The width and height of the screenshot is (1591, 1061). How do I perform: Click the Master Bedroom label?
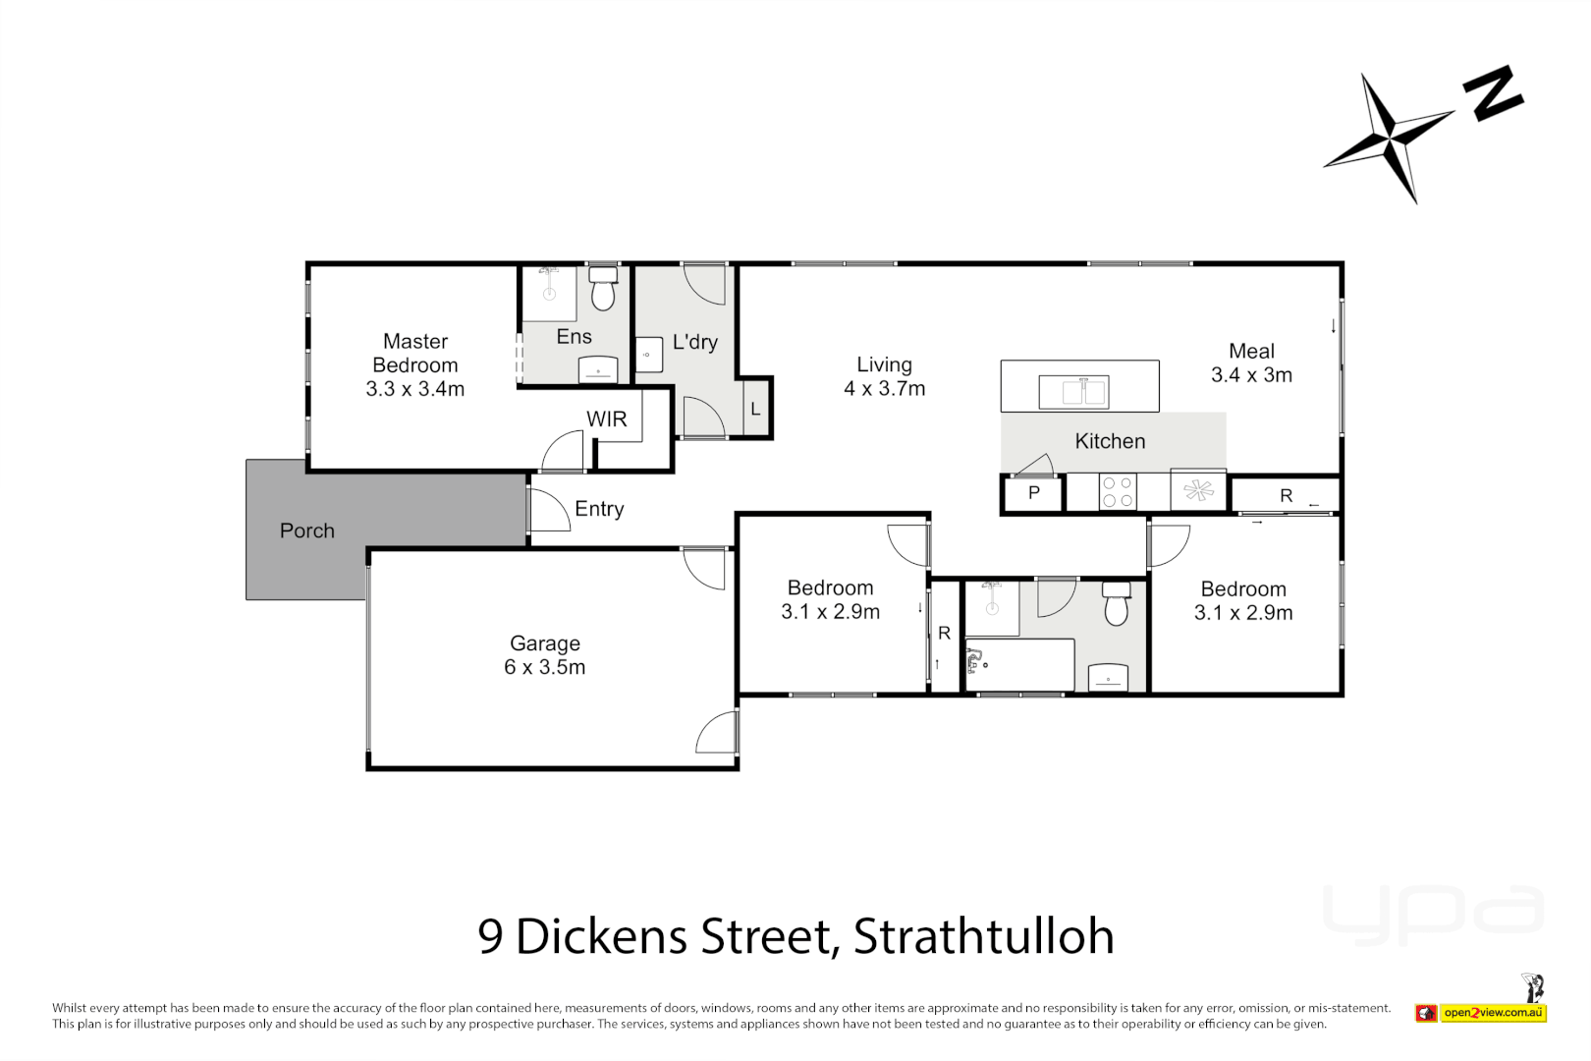[414, 364]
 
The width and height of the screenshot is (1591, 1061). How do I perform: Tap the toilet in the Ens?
[602, 292]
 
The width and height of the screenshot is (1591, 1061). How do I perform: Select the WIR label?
[606, 419]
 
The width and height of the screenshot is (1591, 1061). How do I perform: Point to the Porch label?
[307, 530]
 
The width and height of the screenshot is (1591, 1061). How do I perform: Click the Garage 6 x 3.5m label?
[545, 655]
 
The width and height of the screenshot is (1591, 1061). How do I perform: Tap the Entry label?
[599, 509]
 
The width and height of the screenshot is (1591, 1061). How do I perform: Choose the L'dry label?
[694, 342]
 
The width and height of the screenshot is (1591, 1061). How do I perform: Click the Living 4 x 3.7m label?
[884, 376]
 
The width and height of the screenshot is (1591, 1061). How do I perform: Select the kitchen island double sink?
[1073, 392]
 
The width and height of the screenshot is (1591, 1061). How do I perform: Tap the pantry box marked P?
[1033, 493]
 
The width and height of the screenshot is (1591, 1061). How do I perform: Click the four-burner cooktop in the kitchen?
[1117, 492]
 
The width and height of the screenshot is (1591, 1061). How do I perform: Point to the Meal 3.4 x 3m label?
[1251, 363]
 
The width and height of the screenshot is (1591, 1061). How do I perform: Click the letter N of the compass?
[1493, 93]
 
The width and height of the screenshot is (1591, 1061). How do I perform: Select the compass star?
[1389, 138]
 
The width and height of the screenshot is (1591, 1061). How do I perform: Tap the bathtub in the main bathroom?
[1019, 665]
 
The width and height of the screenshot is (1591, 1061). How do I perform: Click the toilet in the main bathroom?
[1116, 604]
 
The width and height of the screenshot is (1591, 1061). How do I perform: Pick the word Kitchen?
[1110, 441]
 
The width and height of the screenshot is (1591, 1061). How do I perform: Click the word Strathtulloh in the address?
[984, 936]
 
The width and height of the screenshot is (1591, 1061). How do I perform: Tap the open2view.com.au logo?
[1493, 1013]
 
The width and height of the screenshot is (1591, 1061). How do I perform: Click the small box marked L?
[755, 409]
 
